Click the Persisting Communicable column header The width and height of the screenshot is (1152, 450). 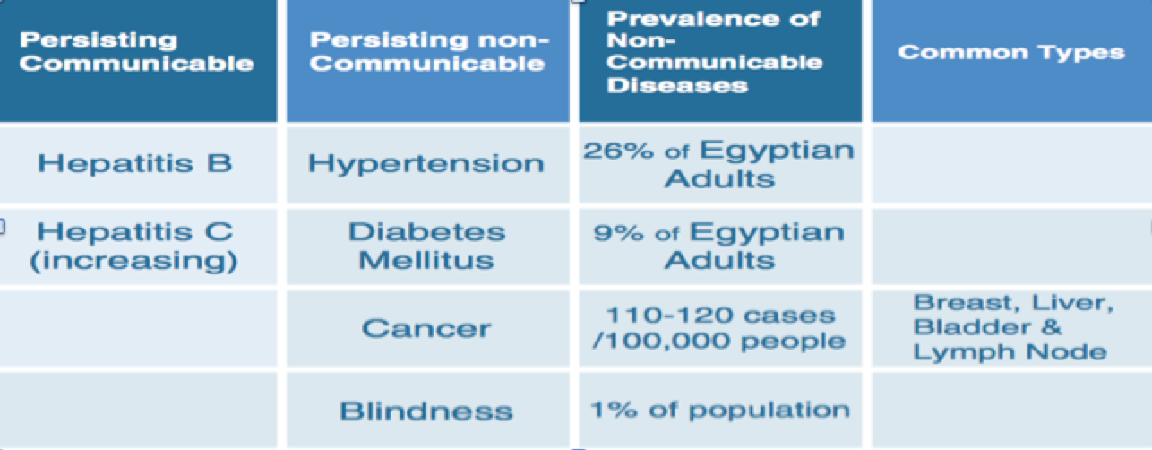pyautogui.click(x=137, y=51)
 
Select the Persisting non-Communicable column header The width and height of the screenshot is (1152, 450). pyautogui.click(x=429, y=51)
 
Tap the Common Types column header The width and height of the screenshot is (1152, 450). pyautogui.click(x=1011, y=53)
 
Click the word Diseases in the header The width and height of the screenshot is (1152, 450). pyautogui.click(x=677, y=85)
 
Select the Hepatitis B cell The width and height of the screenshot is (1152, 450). pyautogui.click(x=134, y=164)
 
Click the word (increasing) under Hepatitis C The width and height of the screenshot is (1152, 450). pyautogui.click(x=133, y=261)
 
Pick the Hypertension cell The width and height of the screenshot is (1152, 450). pyautogui.click(x=426, y=164)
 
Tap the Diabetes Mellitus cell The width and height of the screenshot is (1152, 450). pyautogui.click(x=427, y=247)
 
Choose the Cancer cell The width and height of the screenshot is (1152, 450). pyautogui.click(x=426, y=328)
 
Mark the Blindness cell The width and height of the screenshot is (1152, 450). pyautogui.click(x=426, y=411)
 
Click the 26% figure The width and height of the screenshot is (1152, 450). pyautogui.click(x=619, y=151)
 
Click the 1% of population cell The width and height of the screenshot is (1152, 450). pyautogui.click(x=720, y=411)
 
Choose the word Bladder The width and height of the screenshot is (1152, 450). pyautogui.click(x=972, y=327)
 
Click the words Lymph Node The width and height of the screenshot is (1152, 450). pyautogui.click(x=1010, y=352)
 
